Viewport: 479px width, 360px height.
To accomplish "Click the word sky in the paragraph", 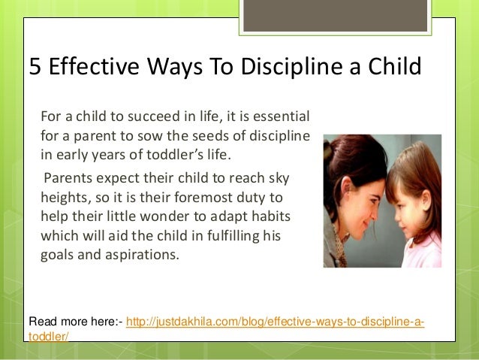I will click(x=277, y=177).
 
